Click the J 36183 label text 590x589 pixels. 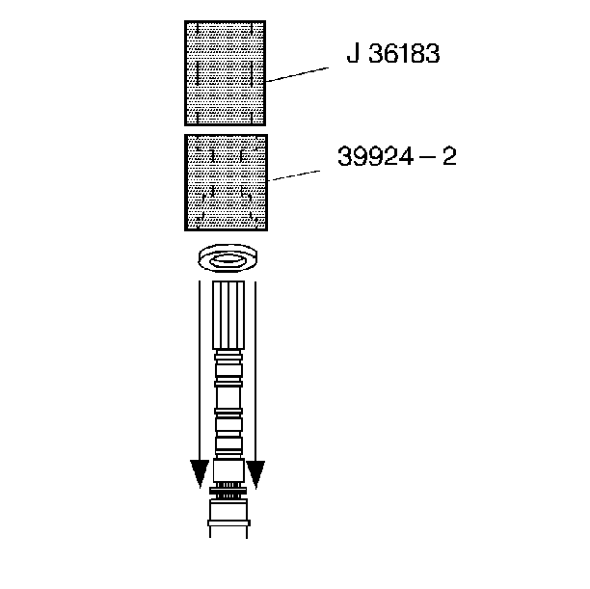click(392, 53)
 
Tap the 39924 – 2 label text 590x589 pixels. click(397, 156)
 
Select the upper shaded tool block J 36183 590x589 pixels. click(225, 73)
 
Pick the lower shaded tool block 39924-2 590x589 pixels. click(226, 182)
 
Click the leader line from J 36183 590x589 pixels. click(297, 74)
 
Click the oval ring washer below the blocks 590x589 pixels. click(228, 257)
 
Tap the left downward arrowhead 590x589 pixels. click(200, 473)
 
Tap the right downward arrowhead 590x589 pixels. click(255, 474)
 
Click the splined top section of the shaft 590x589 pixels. click(228, 315)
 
